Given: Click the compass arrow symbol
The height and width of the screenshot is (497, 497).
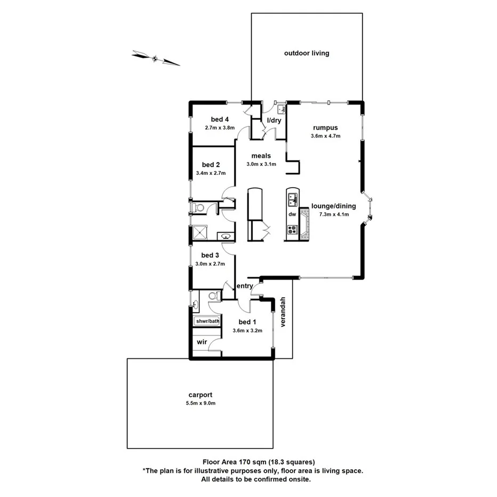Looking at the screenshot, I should coord(156,58).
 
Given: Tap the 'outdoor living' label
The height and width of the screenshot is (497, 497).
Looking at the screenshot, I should coord(307,53).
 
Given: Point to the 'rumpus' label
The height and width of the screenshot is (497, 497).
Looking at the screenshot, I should coord(325,127).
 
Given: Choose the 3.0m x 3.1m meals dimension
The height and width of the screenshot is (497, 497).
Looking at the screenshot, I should coord(261,164).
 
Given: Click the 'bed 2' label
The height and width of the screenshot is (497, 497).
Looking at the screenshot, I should coord(211,165).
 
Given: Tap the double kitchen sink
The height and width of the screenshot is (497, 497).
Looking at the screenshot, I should coord(292,200).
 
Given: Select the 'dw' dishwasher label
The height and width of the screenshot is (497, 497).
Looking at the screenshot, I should coord(292,214).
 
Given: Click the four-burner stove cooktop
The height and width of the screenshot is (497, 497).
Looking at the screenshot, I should coord(292,230).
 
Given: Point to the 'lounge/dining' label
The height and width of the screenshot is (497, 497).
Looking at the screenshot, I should coord(333,206).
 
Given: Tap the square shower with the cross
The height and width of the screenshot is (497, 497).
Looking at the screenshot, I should coord(201,233).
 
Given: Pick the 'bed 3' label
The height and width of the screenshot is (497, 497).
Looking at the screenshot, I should coord(211,255).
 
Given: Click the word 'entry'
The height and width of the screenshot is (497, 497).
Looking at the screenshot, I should coord(244,286).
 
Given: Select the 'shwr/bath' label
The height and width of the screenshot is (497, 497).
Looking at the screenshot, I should coord(207,321).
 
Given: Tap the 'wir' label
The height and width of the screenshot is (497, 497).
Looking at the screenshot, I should coord(202,341).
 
